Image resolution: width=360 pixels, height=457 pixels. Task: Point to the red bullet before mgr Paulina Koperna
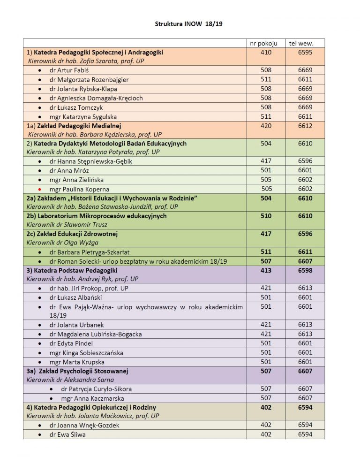40,189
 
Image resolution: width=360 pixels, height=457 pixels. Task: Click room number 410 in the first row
266,53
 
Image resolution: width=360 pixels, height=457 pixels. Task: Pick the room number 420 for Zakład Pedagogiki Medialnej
266,126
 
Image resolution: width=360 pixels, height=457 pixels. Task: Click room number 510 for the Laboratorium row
266,216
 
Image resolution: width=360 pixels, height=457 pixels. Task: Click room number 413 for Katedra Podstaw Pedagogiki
266,270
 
